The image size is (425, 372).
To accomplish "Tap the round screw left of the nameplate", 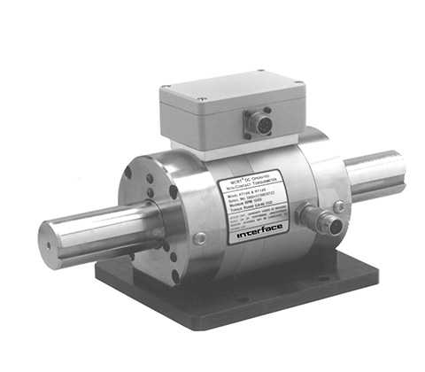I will [x=200, y=238].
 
